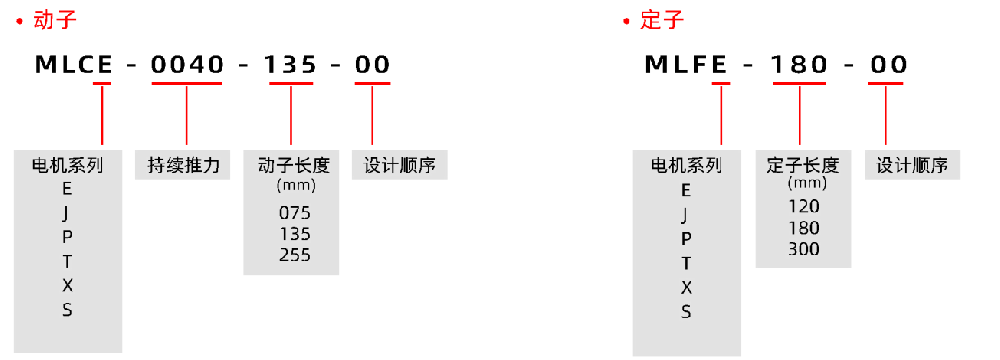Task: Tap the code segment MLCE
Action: click(x=73, y=65)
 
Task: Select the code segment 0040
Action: click(x=186, y=65)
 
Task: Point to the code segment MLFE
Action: click(x=684, y=65)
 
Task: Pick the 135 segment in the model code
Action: click(x=290, y=65)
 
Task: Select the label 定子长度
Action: click(x=803, y=165)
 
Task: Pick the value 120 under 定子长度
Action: click(x=803, y=206)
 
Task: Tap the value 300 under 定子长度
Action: click(x=803, y=248)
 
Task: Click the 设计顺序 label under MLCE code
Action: click(x=400, y=165)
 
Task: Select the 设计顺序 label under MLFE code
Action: click(x=912, y=165)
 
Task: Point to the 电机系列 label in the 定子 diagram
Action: click(x=686, y=165)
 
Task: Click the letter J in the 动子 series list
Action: click(x=68, y=213)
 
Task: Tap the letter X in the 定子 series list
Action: click(x=686, y=287)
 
